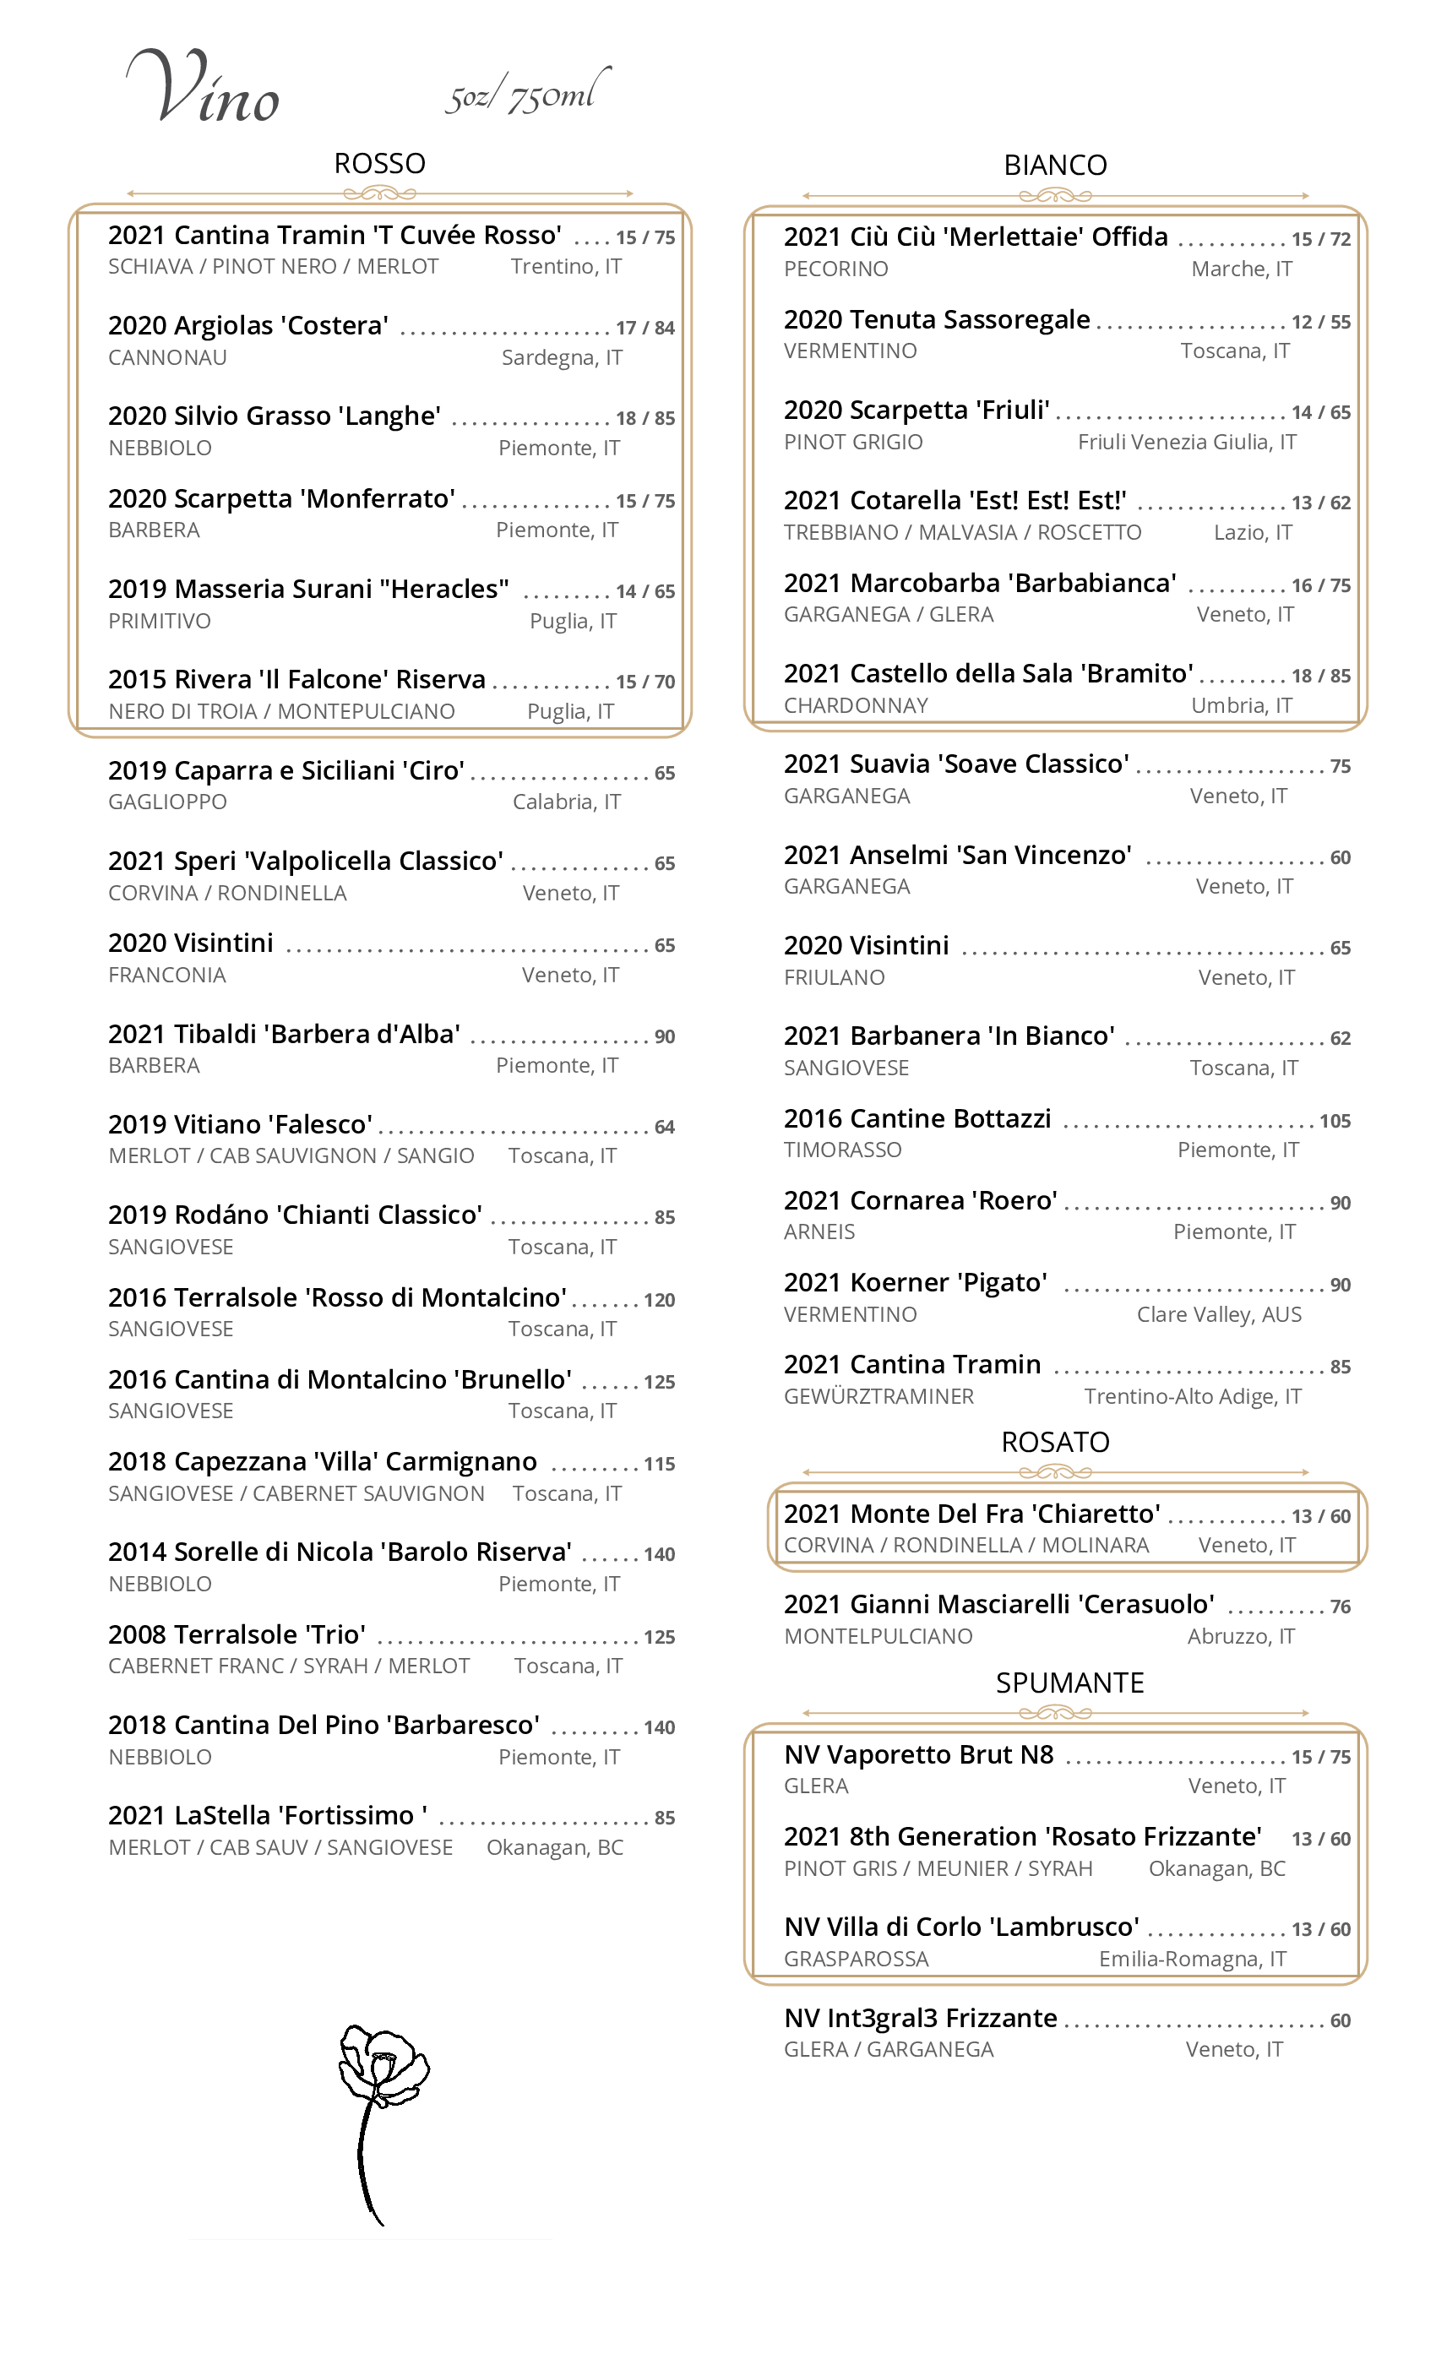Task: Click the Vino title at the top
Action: (204, 89)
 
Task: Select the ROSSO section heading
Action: (379, 163)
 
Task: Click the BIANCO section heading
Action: (1055, 165)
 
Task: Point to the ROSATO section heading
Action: (1055, 1442)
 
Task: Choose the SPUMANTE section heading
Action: (1069, 1683)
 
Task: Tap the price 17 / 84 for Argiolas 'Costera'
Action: (645, 329)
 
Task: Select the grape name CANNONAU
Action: (167, 358)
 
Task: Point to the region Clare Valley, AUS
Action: (1219, 1314)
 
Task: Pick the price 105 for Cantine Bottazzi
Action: (1335, 1121)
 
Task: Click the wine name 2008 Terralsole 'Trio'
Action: (237, 1634)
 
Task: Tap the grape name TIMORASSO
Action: (842, 1150)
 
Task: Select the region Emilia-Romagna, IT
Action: (1192, 1959)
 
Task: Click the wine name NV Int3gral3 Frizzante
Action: (920, 2018)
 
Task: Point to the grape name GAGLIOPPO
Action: (167, 802)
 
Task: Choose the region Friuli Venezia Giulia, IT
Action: (1187, 443)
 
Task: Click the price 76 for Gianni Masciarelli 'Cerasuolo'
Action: (1340, 1607)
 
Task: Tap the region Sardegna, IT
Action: (562, 358)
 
